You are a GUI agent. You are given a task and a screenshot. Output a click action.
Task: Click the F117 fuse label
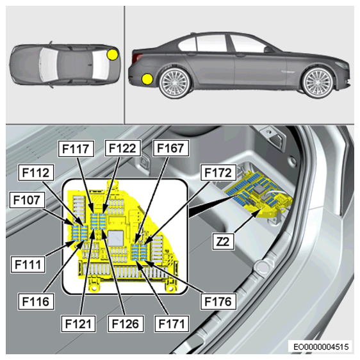(76, 149)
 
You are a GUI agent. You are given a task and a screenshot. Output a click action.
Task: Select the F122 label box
(122, 148)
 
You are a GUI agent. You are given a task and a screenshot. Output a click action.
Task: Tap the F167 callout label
(171, 148)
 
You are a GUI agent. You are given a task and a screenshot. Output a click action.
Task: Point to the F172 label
(218, 172)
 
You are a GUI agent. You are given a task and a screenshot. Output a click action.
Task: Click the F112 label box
(36, 172)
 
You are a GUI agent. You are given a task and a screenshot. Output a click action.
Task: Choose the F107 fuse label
(27, 200)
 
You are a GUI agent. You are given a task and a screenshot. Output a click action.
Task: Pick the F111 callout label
(28, 265)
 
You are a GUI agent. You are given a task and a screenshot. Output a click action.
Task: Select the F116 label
(36, 301)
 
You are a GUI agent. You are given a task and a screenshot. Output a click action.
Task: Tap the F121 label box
(78, 323)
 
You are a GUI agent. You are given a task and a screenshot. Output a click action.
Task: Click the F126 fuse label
(126, 323)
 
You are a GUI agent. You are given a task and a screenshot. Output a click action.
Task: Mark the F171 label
(172, 323)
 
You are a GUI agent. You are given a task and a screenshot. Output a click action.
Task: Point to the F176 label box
(218, 301)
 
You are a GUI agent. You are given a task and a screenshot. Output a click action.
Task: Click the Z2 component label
(223, 241)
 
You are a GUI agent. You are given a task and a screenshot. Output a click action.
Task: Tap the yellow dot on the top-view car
(113, 55)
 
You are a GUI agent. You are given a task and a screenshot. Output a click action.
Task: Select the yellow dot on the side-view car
(147, 79)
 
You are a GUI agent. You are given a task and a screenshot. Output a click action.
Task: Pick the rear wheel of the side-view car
(175, 83)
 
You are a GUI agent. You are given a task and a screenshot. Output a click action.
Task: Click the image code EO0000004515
(321, 347)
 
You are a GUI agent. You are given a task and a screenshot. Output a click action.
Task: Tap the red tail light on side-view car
(137, 58)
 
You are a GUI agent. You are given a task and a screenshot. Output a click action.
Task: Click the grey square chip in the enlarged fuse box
(116, 238)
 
